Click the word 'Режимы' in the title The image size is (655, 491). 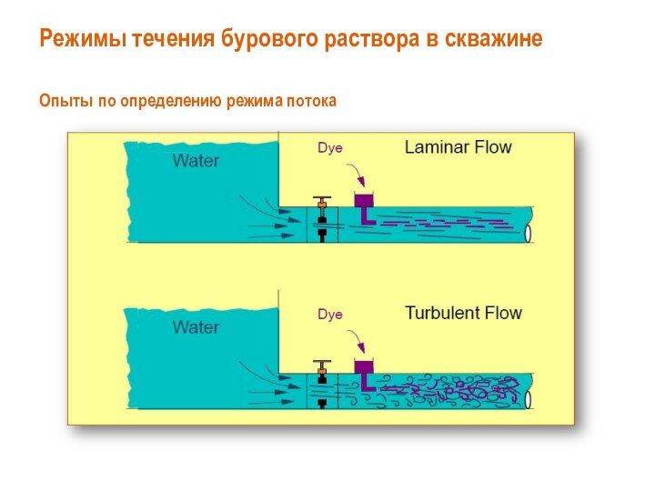tap(84, 39)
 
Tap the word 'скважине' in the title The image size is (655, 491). tap(493, 38)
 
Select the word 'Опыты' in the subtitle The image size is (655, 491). tap(65, 101)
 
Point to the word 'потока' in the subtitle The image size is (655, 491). tap(311, 102)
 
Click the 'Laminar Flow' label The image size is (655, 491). tap(458, 147)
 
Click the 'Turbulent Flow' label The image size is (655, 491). tap(464, 313)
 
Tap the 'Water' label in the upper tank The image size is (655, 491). tap(196, 161)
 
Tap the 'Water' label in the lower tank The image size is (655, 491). tap(196, 327)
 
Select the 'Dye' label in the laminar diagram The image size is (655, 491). tap(330, 148)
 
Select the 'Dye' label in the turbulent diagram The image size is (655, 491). tap(330, 314)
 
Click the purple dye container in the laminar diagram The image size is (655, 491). tap(364, 201)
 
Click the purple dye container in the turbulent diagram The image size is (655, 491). tap(364, 367)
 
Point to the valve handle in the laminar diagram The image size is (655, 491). tap(322, 197)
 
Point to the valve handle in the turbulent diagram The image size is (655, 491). tap(322, 362)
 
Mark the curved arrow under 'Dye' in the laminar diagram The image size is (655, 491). tap(358, 173)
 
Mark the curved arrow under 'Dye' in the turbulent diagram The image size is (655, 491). tap(358, 339)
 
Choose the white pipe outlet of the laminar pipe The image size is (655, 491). tap(528, 233)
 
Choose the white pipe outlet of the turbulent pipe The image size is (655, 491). tap(528, 399)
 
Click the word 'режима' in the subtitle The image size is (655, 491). tap(255, 102)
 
